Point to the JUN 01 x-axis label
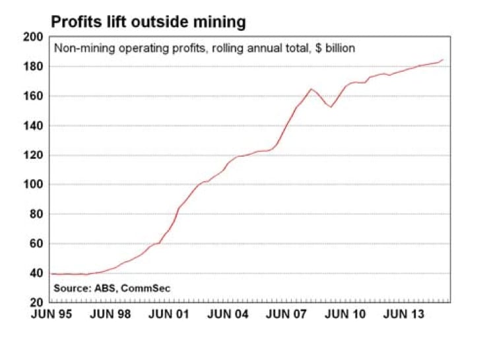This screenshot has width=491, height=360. pos(168,314)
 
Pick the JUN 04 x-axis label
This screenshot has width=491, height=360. pos(228,314)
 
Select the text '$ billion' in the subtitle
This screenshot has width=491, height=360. pos(334,48)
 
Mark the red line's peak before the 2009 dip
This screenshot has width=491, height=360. pos(310,88)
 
